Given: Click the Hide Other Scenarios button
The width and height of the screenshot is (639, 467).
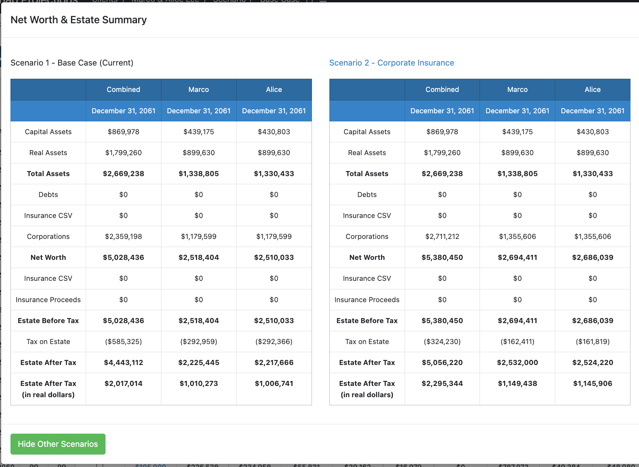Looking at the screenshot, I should tap(58, 444).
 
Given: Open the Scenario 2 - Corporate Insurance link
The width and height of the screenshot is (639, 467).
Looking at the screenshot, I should tap(391, 63).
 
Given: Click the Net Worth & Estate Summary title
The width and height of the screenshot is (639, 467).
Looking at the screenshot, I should tap(78, 20).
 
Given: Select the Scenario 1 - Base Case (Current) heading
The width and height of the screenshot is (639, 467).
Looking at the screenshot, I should tap(72, 63).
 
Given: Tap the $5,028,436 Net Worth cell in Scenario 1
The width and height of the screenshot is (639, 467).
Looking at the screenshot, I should tap(123, 258).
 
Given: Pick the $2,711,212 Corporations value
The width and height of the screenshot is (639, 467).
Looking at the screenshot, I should tap(442, 237).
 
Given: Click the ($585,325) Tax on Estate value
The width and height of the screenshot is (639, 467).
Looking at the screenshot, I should tap(123, 342).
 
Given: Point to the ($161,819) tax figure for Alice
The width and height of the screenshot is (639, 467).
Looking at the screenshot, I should tap(592, 342).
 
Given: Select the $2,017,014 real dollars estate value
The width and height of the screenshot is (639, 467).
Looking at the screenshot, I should tap(123, 384).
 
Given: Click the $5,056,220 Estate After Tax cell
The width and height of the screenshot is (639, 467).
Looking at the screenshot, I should tap(442, 363).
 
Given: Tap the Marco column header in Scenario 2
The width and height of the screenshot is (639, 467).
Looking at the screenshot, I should tap(517, 90).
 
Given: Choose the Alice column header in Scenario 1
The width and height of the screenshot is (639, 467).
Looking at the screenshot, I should tap(274, 90).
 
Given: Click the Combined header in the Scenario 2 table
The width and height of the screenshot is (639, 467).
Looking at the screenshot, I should tap(442, 90).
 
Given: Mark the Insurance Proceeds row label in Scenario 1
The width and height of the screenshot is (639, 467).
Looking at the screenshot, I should tap(48, 300).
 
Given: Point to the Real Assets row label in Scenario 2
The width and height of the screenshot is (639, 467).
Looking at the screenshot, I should tap(367, 153).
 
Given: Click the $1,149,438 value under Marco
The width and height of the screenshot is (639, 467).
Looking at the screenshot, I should tap(517, 384).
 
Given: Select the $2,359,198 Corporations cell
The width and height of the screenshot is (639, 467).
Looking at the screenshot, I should tap(123, 237).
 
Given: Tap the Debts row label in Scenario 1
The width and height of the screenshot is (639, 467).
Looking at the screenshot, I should tap(48, 195).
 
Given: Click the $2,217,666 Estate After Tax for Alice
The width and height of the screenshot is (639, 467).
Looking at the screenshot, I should tap(274, 363).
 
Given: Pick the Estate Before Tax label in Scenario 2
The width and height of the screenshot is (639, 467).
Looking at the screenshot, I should tap(367, 321).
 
